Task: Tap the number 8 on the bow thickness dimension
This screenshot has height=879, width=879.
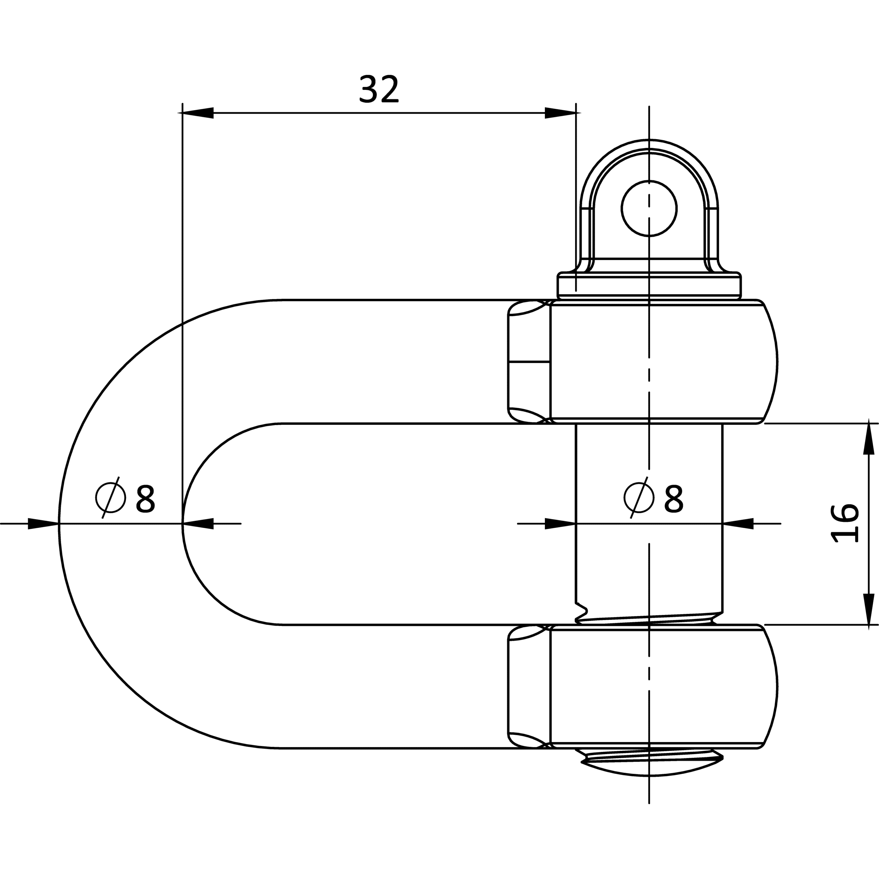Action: click(x=146, y=499)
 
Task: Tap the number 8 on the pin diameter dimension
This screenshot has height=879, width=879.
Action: click(x=674, y=499)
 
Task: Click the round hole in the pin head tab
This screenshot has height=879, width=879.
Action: click(x=649, y=208)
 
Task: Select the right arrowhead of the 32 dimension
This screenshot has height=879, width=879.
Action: click(x=560, y=113)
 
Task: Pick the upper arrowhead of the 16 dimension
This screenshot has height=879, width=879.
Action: click(x=869, y=439)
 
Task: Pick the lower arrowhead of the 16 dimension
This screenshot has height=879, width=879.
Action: click(x=869, y=609)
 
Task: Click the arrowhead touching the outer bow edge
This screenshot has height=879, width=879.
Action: click(x=43, y=524)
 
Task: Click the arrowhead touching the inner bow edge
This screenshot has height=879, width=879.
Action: click(x=198, y=524)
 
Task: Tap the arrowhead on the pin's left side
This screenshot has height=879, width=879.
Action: click(x=560, y=524)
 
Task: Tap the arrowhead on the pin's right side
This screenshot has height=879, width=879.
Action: click(x=738, y=524)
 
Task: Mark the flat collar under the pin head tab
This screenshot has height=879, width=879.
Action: click(x=649, y=286)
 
